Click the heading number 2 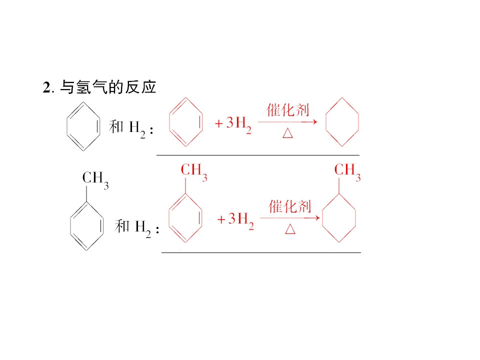pos(47,87)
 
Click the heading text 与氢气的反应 pos(108,87)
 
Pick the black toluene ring pos(70,226)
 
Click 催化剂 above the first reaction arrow pos(288,110)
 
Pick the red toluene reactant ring pos(169,218)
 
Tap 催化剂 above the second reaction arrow pos(290,206)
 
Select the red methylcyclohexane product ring pos(322,218)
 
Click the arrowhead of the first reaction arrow pos(315,122)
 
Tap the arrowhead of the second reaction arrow pos(317,218)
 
